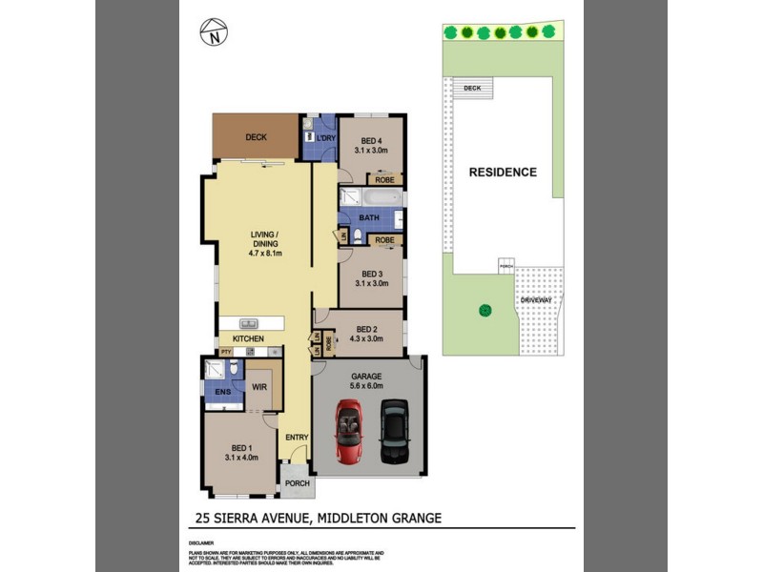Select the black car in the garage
click(x=393, y=430)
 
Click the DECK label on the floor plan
click(x=256, y=137)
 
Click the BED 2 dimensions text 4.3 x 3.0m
click(x=367, y=338)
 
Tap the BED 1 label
click(x=242, y=448)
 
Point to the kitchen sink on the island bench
click(x=251, y=323)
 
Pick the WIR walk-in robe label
click(x=258, y=387)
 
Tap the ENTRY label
click(x=297, y=438)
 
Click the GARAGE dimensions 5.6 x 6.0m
click(x=367, y=386)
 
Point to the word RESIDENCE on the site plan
click(x=503, y=173)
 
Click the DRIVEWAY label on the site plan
click(x=536, y=301)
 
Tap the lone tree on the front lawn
click(x=485, y=309)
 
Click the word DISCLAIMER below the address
click(x=201, y=541)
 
